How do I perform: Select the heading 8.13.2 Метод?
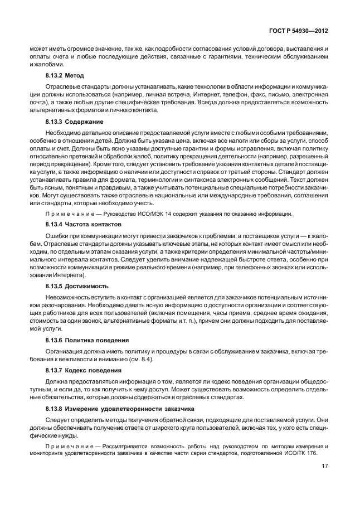point(65,75)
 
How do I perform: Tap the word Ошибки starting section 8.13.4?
point(56,236)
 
